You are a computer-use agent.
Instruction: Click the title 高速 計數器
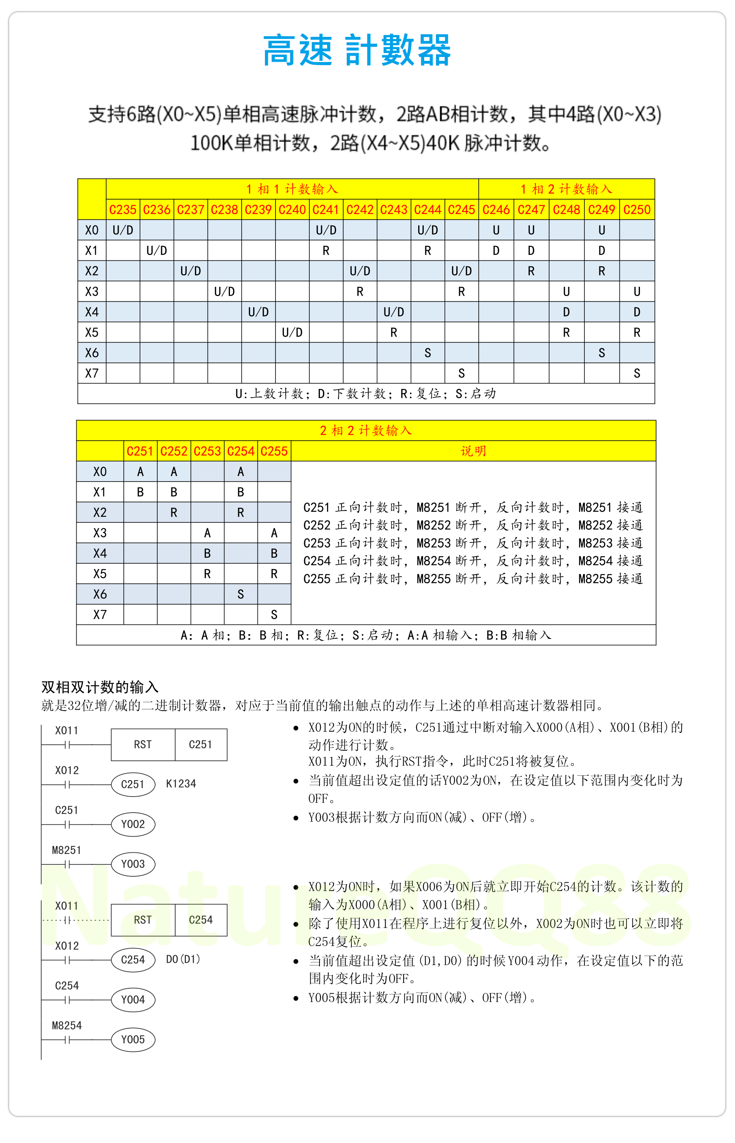[357, 50]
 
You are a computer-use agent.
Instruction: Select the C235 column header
[123, 210]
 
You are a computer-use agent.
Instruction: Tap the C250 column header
[637, 210]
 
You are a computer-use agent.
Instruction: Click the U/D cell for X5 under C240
[292, 332]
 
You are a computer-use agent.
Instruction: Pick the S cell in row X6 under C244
[428, 353]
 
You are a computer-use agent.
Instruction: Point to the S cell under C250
[637, 374]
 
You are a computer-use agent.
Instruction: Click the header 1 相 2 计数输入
[566, 189]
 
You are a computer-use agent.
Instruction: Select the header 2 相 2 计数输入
[366, 430]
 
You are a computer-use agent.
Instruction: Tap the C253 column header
[207, 451]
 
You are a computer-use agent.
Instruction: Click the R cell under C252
[174, 513]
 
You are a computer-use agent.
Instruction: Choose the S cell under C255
[274, 615]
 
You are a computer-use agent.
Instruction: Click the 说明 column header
[473, 451]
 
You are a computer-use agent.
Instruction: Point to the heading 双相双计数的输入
[100, 687]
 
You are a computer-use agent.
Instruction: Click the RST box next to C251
[143, 744]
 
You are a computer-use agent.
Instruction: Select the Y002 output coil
[133, 824]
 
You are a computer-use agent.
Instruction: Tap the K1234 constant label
[181, 784]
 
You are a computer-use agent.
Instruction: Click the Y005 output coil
[133, 1040]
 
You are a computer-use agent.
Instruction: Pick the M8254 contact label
[67, 1025]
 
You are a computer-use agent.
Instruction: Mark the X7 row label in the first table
[92, 374]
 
